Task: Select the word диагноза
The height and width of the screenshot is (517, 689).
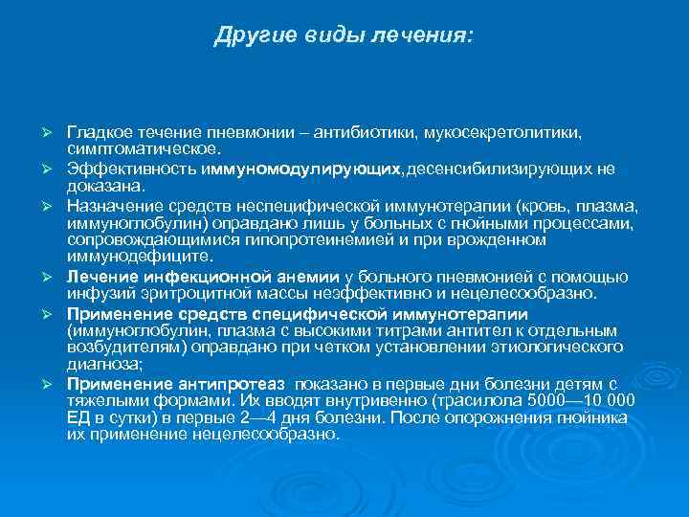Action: [x=100, y=363]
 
